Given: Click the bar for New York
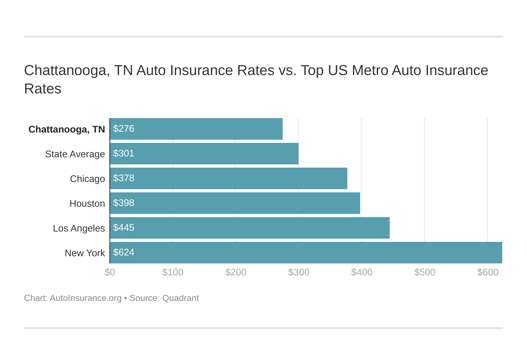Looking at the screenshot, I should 306,253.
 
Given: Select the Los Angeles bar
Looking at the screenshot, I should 250,228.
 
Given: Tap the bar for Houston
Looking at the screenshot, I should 235,203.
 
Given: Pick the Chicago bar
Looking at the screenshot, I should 228,178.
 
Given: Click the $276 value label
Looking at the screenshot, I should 123,129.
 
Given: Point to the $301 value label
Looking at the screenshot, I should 123,153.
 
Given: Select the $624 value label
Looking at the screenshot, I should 123,252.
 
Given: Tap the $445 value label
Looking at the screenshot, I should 123,227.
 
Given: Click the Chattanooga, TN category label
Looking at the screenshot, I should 67,129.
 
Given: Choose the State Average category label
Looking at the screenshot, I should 75,154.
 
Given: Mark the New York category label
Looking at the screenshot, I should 85,253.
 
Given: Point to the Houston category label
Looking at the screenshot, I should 87,204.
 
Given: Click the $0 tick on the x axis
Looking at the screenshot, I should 110,272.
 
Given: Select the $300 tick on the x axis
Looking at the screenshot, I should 299,272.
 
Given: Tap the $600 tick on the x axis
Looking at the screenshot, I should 487,272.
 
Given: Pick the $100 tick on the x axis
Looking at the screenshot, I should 172,272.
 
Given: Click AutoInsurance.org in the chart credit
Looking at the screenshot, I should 85,298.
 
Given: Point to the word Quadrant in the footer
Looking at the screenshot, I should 180,298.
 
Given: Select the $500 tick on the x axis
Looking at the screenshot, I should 424,272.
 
